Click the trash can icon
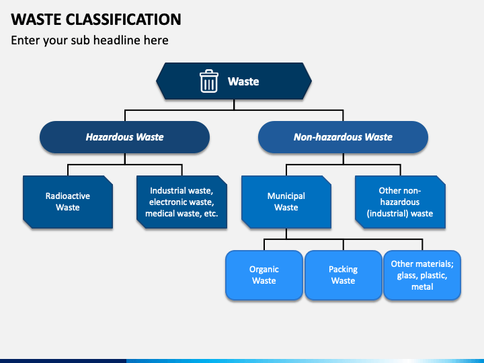tap(209, 81)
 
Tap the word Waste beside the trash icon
tap(243, 81)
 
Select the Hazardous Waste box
tap(125, 137)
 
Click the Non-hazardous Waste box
tap(343, 137)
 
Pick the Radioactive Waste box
tap(68, 202)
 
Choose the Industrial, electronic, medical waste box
tap(182, 202)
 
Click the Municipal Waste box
tap(286, 202)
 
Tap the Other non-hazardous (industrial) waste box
tap(400, 202)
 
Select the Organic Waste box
tap(264, 275)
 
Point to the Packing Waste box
tap(344, 275)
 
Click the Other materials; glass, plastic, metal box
tap(422, 275)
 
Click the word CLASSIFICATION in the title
tap(123, 19)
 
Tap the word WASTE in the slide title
tap(36, 19)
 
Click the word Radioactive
tap(68, 196)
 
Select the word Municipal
tap(286, 196)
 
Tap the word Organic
tap(264, 270)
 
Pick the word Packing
tap(344, 270)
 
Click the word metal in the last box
tap(422, 287)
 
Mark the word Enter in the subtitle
tap(26, 40)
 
